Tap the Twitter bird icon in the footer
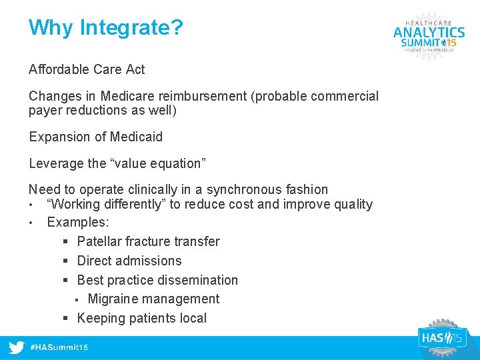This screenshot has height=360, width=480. (17, 347)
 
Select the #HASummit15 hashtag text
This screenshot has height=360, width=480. (60, 348)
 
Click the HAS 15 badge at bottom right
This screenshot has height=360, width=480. (440, 338)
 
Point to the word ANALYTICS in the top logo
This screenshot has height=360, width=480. (429, 31)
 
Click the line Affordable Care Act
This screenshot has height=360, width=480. (87, 69)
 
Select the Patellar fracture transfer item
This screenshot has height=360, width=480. (148, 241)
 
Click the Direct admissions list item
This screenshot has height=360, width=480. (129, 261)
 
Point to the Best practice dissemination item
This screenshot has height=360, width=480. (157, 280)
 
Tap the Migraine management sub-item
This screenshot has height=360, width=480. (153, 299)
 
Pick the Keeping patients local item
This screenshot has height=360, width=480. (142, 318)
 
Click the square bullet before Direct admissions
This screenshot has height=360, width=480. (67, 261)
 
